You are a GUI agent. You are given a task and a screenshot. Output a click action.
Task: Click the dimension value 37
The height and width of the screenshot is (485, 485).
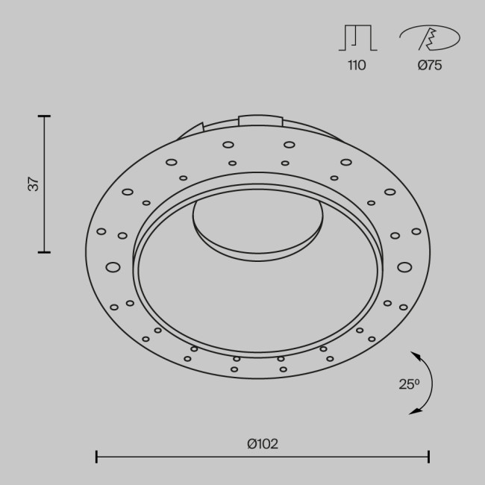pos(33,184)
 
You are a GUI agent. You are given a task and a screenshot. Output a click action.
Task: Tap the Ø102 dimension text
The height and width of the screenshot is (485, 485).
pos(262,443)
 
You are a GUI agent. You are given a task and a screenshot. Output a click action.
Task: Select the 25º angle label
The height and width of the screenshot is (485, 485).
pos(408,384)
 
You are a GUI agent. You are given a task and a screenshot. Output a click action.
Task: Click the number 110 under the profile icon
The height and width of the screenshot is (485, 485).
pos(357,65)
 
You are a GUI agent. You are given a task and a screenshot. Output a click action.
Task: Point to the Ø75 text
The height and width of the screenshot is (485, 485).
pos(429,65)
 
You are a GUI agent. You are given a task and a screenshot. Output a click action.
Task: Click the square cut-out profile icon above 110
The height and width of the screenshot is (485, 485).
pos(358,38)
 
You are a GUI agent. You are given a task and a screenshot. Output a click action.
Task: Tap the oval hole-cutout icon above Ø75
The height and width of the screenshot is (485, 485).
pos(429,37)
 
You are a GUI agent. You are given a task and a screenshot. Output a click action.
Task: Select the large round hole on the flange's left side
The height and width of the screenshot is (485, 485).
pos(113,266)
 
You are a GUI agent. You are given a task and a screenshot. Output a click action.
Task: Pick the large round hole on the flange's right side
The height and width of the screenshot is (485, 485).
pos(404,266)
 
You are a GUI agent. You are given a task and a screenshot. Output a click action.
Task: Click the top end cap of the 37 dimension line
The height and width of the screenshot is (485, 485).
pos(44,116)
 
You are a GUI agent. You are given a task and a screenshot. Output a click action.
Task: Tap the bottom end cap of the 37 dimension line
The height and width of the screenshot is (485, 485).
pos(44,252)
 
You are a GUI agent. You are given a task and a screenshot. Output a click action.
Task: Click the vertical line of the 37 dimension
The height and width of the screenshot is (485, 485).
pos(44,184)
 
